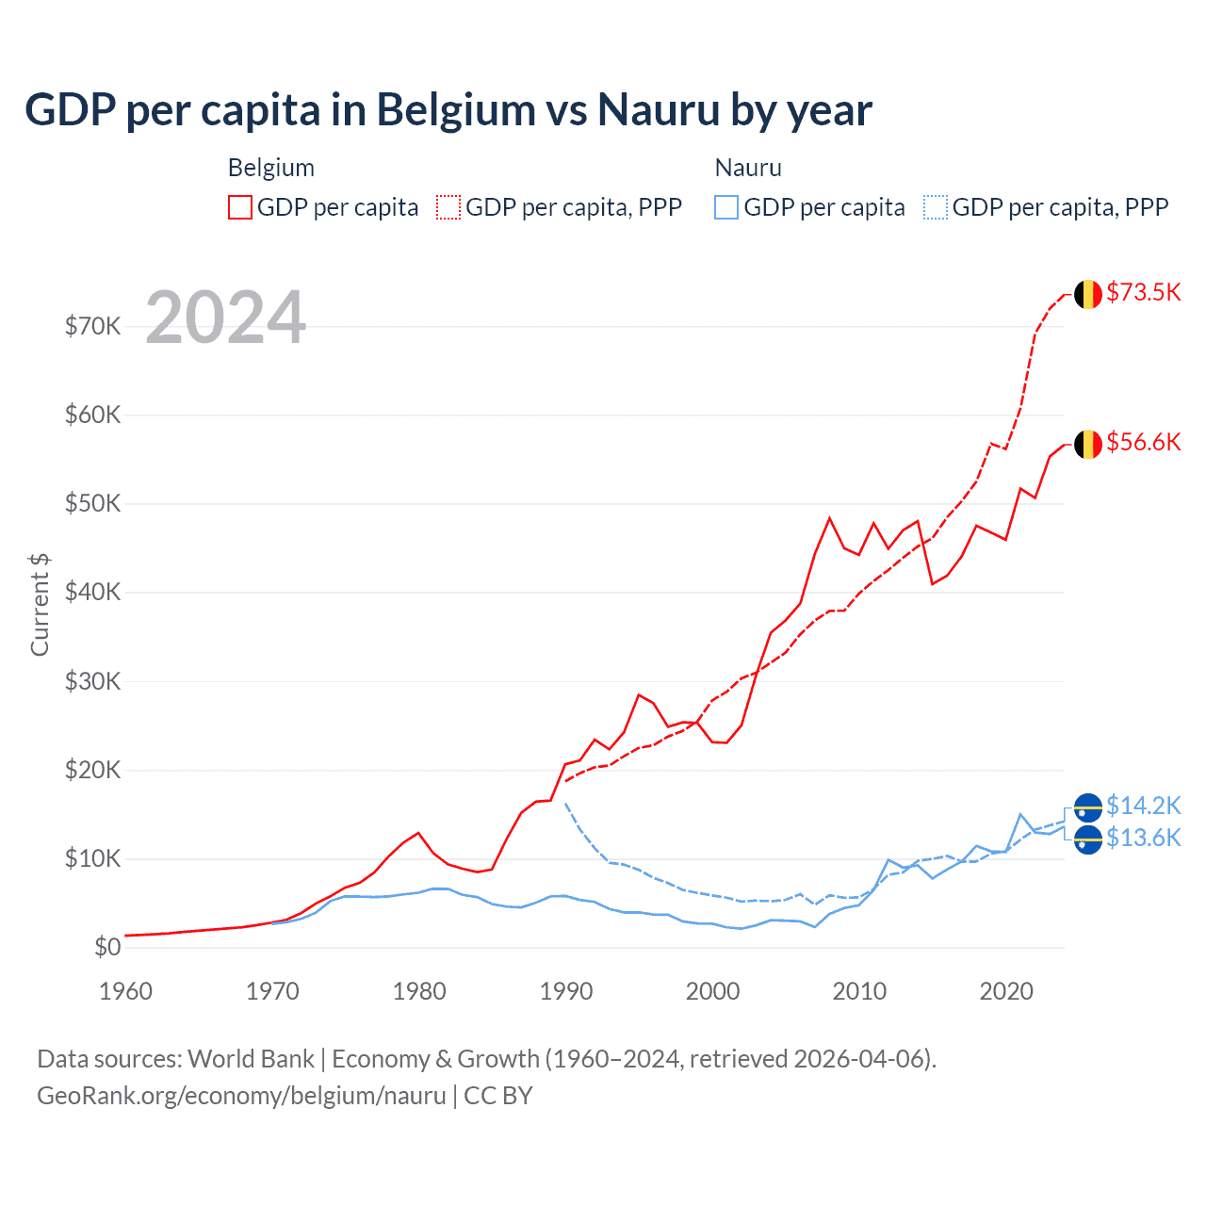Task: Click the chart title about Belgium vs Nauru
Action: tap(448, 109)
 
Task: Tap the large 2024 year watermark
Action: tap(226, 318)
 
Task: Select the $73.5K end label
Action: tap(1143, 292)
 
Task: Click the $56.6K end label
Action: tap(1143, 442)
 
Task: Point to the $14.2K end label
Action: tap(1143, 806)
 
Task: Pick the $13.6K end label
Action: tap(1143, 838)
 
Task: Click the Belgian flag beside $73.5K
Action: tap(1088, 294)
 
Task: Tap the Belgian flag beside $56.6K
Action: tap(1088, 444)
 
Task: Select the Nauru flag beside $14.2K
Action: tap(1088, 807)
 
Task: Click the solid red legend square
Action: tap(240, 207)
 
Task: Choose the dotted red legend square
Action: tap(448, 207)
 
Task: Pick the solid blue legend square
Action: tap(726, 207)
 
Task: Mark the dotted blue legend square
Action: tap(936, 207)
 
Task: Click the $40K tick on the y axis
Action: tap(92, 592)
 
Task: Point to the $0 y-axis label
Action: tap(107, 947)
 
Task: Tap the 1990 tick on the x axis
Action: tap(566, 991)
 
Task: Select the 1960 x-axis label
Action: tap(125, 991)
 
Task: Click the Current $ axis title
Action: tap(40, 604)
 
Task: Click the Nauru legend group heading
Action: tap(748, 168)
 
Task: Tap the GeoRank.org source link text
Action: tap(241, 1096)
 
